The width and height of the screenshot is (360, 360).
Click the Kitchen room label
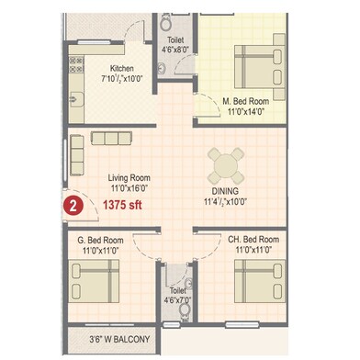124,68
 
